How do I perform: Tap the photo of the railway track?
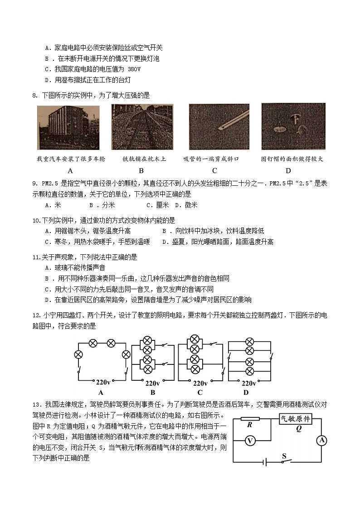click(x=142, y=127)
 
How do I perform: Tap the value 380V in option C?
click(x=131, y=69)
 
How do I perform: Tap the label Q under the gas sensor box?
click(x=298, y=427)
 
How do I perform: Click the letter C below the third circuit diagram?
click(x=199, y=393)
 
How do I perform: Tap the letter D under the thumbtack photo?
click(x=288, y=170)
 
